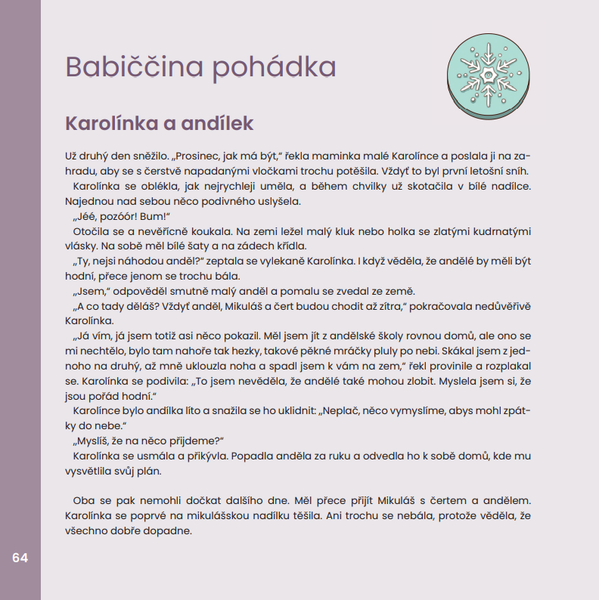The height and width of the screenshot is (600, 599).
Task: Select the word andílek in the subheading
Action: point(215,123)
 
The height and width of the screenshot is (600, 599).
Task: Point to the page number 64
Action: point(20,558)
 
